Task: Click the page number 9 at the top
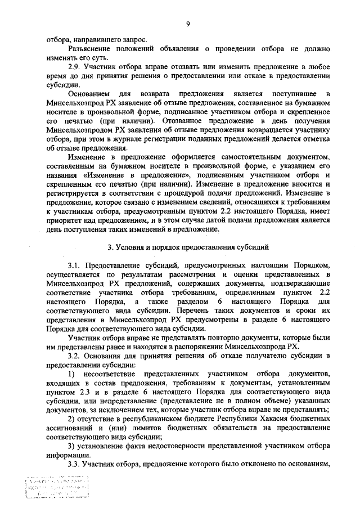click(187, 24)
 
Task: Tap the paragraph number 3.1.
click(75, 264)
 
